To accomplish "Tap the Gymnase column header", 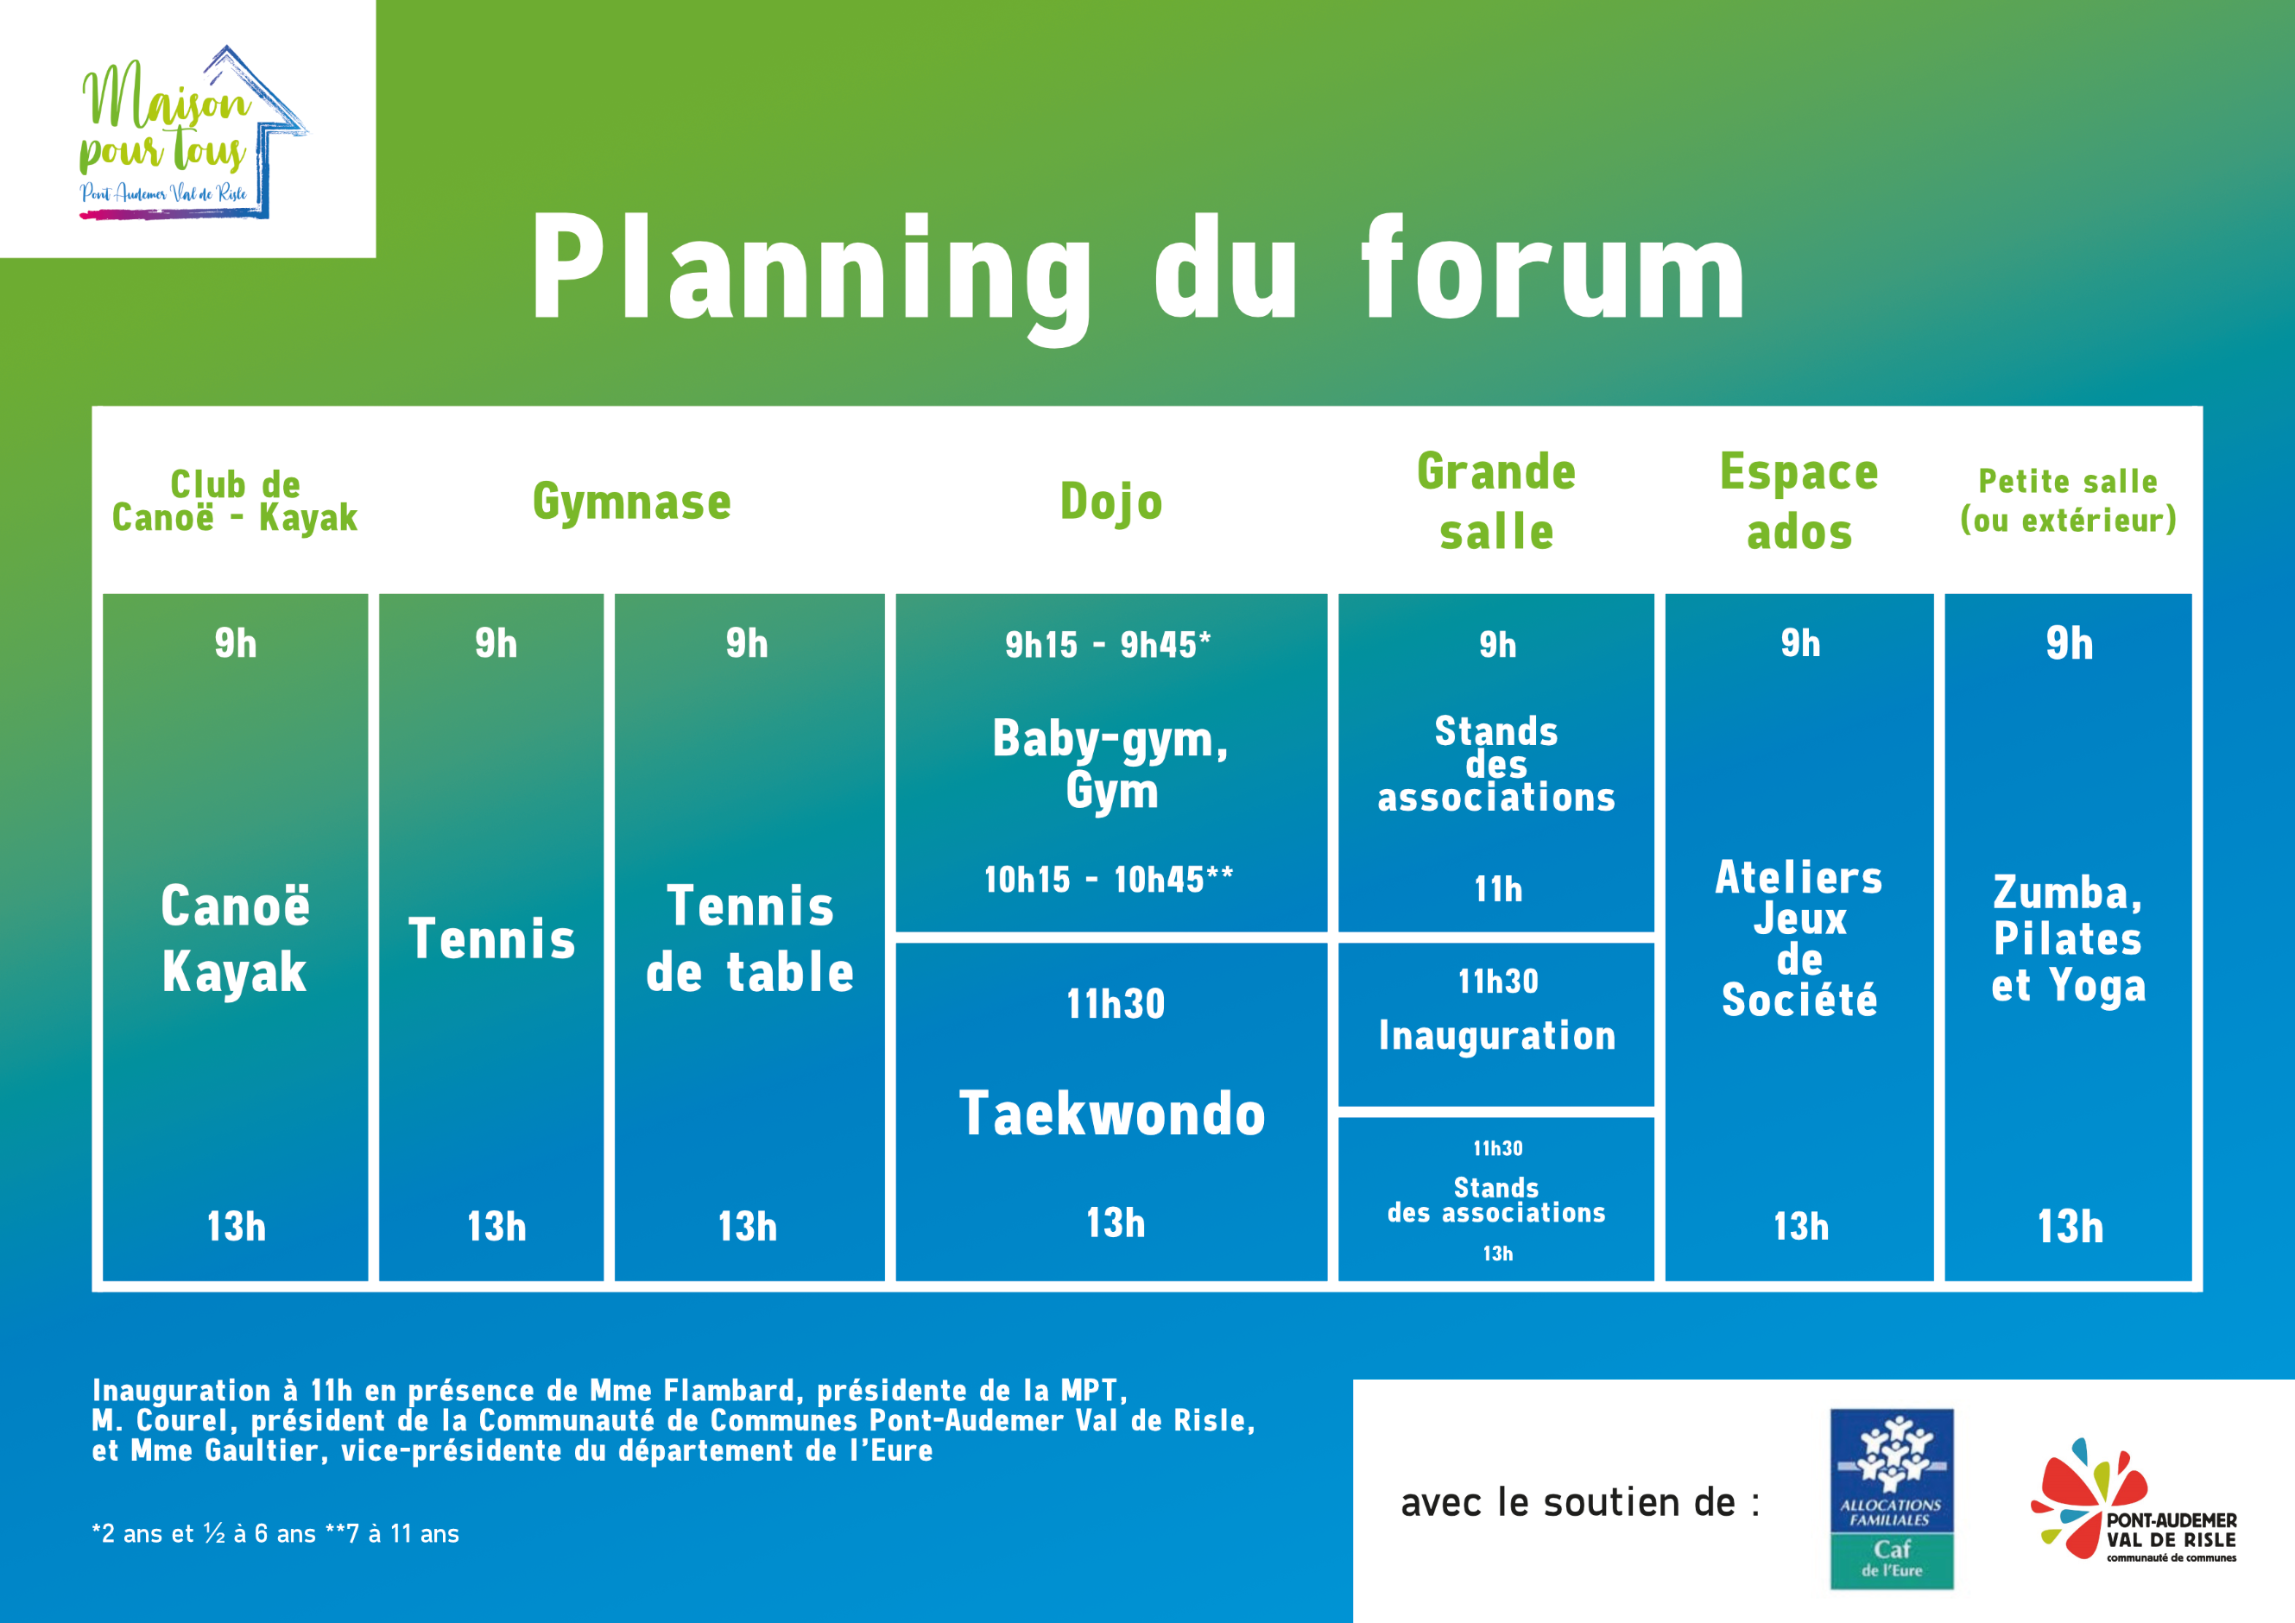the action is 632,502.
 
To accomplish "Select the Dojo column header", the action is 1111,502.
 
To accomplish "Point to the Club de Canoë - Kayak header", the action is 235,501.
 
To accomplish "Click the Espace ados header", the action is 1799,501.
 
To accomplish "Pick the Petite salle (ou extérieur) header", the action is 2068,500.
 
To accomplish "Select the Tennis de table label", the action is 749,938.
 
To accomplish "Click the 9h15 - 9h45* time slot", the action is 1109,645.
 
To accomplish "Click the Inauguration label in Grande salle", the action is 1497,1036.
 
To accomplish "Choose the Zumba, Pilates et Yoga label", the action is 2068,938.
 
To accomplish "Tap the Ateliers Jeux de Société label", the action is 1799,938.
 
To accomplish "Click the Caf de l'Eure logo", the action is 1891,1499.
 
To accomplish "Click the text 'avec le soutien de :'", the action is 1580,1502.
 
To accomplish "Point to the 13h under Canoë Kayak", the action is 236,1226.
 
